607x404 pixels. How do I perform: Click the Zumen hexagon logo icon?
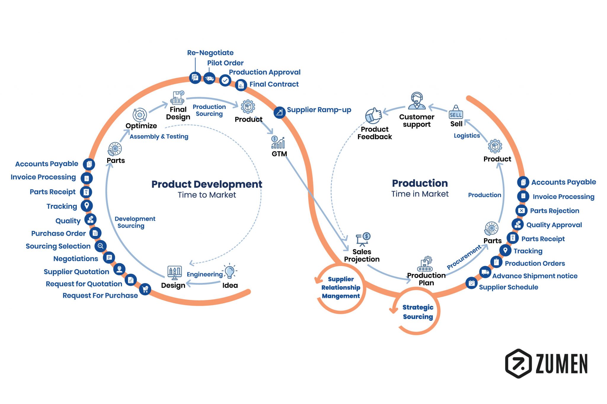[x=518, y=363]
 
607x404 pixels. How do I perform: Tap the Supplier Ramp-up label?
[x=319, y=110]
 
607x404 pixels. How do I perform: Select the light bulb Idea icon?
[x=230, y=271]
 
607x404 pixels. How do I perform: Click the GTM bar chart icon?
[x=278, y=143]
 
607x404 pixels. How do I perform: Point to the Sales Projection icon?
[x=363, y=239]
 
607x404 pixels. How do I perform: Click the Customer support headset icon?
[x=417, y=101]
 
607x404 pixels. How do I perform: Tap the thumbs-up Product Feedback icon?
[x=373, y=115]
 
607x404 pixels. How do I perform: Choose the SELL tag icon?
[x=456, y=113]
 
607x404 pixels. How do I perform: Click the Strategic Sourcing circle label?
[x=418, y=312]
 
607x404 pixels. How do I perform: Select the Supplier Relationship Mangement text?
[x=341, y=287]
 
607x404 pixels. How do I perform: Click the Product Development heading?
[x=207, y=184]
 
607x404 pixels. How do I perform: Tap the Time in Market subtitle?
[x=420, y=194]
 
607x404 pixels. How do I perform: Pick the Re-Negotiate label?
[x=210, y=53]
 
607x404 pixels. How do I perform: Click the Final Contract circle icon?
[x=241, y=85]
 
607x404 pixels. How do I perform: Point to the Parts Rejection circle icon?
[x=521, y=210]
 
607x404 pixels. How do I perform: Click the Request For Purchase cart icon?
[x=145, y=289]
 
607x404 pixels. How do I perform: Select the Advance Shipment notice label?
[x=535, y=276]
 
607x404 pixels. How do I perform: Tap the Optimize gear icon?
[x=140, y=115]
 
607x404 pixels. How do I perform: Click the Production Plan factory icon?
[x=426, y=264]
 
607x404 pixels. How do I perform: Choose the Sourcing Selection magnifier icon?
[x=100, y=246]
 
